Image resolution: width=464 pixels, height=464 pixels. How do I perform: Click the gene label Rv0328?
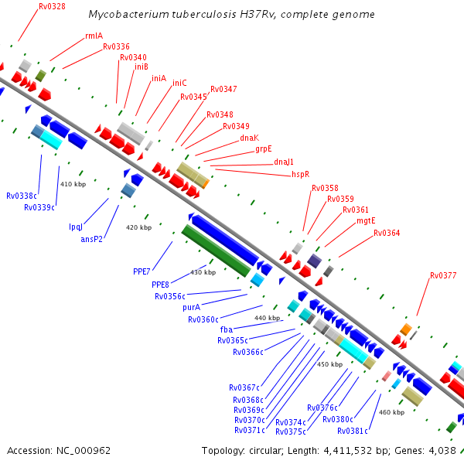(x=53, y=6)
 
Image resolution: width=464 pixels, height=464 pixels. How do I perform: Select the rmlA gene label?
(x=94, y=36)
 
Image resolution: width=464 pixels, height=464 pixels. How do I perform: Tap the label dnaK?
(x=249, y=138)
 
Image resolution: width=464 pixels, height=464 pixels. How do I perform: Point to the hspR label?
(x=300, y=174)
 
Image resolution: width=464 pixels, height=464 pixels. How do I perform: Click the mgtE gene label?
(x=366, y=220)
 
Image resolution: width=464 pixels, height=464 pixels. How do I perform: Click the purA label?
(x=192, y=307)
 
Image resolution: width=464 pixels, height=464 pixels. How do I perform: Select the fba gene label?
(x=227, y=329)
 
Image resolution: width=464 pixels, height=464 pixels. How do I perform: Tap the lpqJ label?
(x=76, y=227)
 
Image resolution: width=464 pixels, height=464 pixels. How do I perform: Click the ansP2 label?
(x=91, y=240)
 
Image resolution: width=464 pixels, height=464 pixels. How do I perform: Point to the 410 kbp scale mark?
(x=73, y=185)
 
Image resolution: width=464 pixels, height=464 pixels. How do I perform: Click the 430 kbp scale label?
(x=203, y=272)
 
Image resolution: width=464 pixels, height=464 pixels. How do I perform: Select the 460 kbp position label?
(x=392, y=412)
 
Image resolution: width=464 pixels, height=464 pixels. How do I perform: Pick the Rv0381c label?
(x=352, y=431)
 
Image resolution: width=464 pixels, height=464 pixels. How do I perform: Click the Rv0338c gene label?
(x=22, y=196)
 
